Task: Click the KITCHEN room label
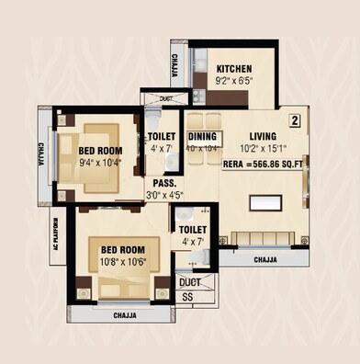tap(235, 69)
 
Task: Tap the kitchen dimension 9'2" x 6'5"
tap(235, 80)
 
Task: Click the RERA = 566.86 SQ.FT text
tap(263, 165)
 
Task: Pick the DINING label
tap(202, 136)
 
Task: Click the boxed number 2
tap(295, 119)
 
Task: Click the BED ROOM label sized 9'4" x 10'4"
tap(100, 152)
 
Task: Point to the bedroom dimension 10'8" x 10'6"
tap(122, 261)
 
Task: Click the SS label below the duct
tap(187, 297)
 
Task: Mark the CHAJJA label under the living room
tap(264, 259)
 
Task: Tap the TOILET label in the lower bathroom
tap(193, 229)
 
